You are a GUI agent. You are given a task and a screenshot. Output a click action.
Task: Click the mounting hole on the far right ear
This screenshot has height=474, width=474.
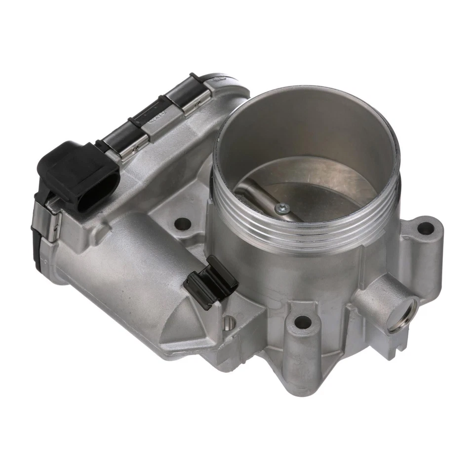coord(425,229)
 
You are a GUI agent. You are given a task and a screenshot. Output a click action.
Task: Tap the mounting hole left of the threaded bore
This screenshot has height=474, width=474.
coord(183,224)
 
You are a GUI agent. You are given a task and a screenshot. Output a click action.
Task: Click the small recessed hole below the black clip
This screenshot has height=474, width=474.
coord(228,323)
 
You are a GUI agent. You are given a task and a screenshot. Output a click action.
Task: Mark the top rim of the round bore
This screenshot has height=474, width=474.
coord(306,91)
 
